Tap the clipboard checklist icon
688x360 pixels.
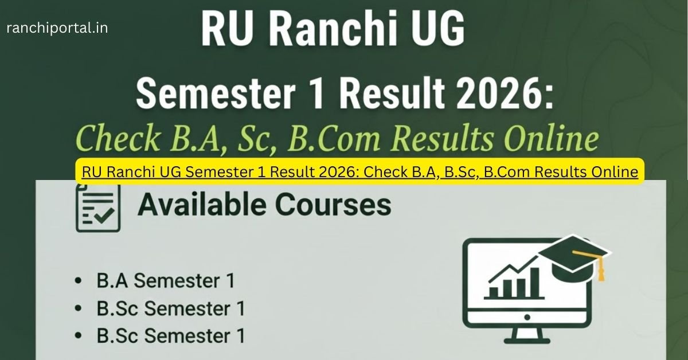(x=97, y=208)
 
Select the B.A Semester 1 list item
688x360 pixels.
(x=165, y=281)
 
